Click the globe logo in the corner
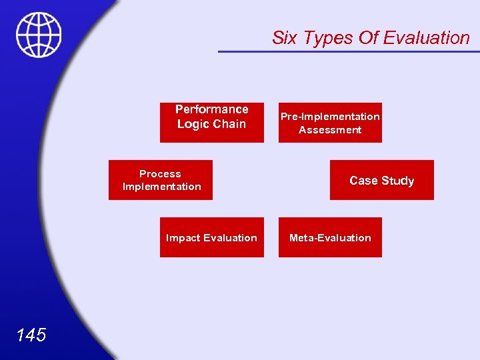39,35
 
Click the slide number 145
31,335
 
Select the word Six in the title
285,38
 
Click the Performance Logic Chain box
211,123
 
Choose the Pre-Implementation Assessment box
330,123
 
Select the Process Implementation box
161,180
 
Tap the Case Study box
381,180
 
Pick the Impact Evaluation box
211,237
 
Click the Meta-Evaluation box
330,237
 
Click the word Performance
211,109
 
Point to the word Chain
230,124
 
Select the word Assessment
330,130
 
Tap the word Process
160,174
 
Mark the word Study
397,181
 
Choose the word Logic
193,124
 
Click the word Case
363,181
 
